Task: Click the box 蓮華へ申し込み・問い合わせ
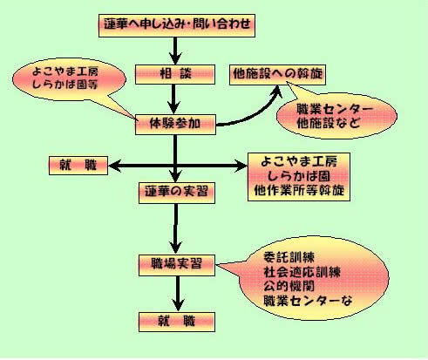click(177, 25)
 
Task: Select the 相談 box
click(175, 75)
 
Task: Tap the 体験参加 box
click(175, 125)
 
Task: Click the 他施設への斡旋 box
click(277, 75)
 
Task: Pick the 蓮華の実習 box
click(177, 193)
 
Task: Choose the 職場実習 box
click(177, 265)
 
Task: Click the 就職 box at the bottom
click(177, 322)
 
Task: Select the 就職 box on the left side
click(78, 166)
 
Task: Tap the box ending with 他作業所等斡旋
click(299, 177)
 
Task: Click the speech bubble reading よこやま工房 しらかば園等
click(69, 79)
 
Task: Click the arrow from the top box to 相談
click(175, 51)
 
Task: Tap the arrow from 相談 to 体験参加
click(173, 99)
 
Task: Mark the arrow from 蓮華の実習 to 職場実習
click(175, 229)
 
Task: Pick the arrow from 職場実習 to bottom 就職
click(178, 294)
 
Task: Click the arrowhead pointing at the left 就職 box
click(114, 166)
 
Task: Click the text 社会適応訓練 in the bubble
click(302, 273)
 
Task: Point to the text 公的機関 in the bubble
click(289, 286)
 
